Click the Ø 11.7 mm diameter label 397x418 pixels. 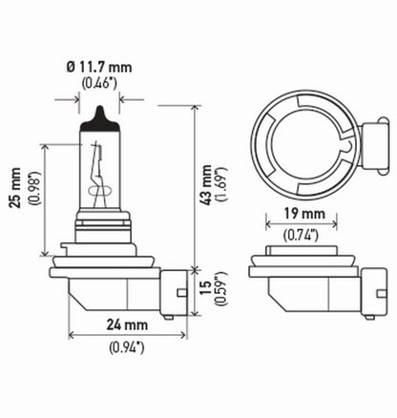point(99,68)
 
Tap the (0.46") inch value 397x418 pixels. point(99,84)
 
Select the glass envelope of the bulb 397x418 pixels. point(99,191)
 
